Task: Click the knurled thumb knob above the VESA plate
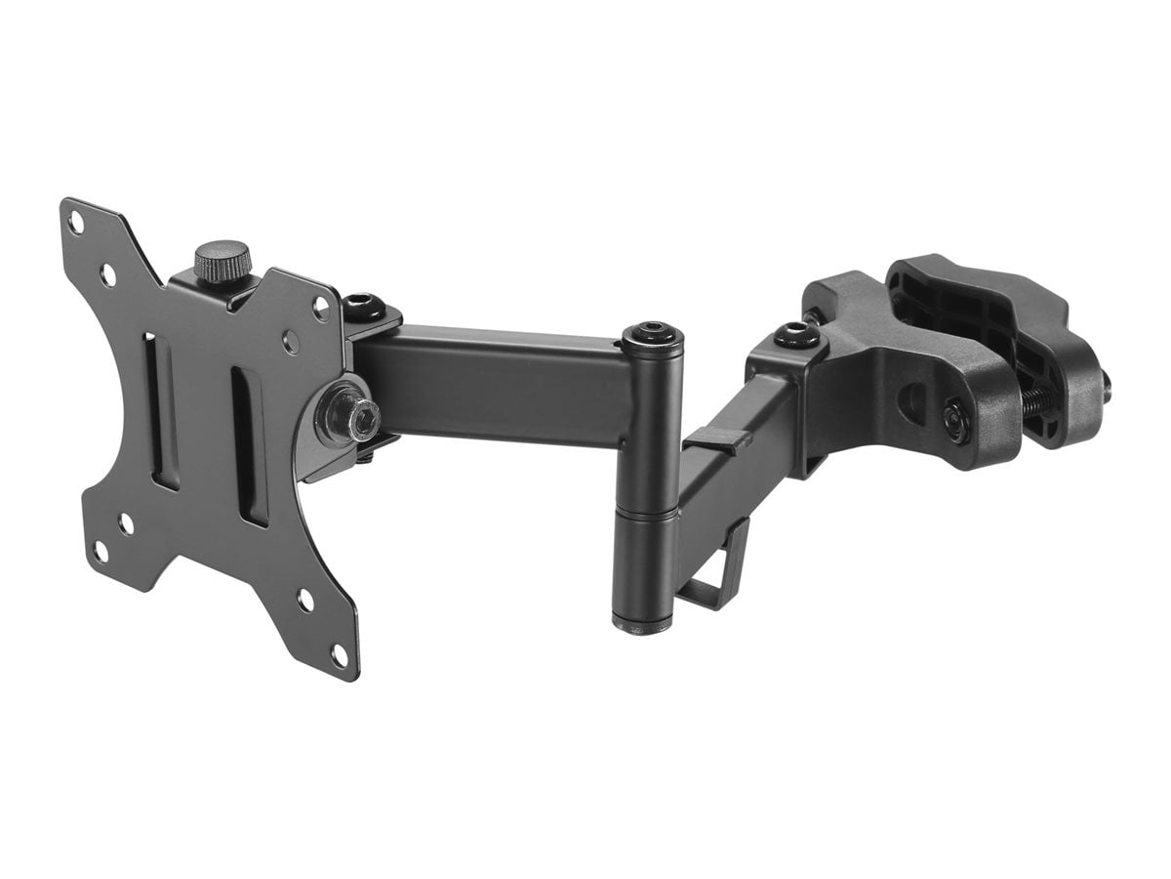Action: [x=222, y=261]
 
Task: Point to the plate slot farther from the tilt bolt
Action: [x=164, y=411]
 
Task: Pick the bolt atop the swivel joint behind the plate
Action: [x=362, y=305]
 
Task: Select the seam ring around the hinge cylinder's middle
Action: [x=646, y=513]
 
